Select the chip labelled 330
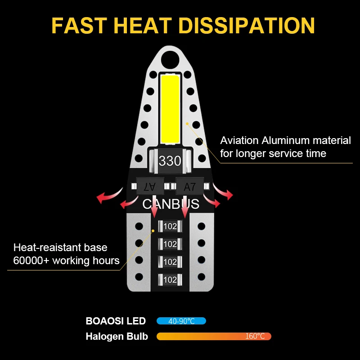point(170,161)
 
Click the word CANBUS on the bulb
point(171,204)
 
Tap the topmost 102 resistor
point(170,226)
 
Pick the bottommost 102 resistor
point(170,279)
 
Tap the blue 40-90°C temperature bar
point(181,321)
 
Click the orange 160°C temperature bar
point(214,336)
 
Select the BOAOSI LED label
point(116,321)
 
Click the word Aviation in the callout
point(239,140)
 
